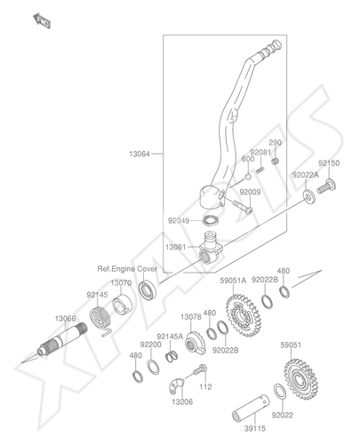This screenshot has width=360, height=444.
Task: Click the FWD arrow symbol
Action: (x=42, y=20)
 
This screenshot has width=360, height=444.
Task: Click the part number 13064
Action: (x=140, y=154)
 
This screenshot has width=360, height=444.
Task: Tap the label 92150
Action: (x=329, y=163)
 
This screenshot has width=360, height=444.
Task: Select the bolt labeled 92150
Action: (x=326, y=186)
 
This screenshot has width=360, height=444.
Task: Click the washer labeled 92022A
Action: (x=309, y=196)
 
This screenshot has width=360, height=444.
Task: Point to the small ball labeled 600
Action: (x=248, y=177)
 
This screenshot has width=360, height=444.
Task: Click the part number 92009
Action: (x=250, y=192)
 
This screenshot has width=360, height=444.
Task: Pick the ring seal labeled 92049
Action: (x=211, y=220)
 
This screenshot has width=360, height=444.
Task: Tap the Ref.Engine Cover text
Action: (x=127, y=269)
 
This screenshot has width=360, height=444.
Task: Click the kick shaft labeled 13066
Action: (x=62, y=339)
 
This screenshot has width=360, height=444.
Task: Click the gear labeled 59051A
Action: (x=244, y=315)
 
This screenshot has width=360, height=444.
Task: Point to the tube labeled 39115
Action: (x=251, y=408)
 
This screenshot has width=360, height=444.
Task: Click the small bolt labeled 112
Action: (x=200, y=370)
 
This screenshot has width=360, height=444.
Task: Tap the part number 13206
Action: (x=182, y=402)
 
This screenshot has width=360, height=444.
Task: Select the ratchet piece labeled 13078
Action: (x=196, y=344)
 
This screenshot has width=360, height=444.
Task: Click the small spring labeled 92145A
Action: (x=172, y=356)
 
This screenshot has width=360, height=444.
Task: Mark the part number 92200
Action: (x=151, y=345)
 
